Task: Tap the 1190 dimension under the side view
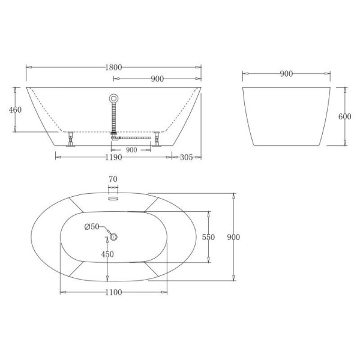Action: click(113, 157)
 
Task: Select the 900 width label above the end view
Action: click(286, 74)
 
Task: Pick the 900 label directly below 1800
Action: click(158, 79)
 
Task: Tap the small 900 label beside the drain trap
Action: click(130, 149)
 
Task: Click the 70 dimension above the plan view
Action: click(113, 179)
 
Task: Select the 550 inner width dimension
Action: click(208, 237)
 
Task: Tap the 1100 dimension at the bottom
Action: click(113, 292)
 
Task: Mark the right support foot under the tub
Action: click(158, 139)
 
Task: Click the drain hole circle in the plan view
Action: click(113, 236)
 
